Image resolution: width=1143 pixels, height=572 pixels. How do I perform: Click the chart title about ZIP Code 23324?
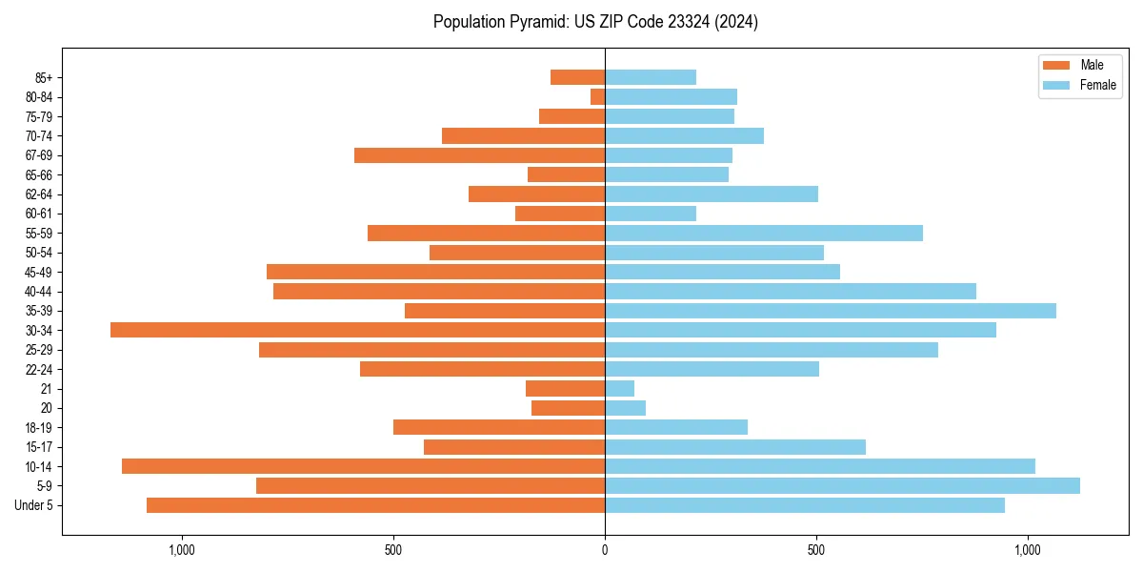(595, 22)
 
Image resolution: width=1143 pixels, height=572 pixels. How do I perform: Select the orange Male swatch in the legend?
(1056, 65)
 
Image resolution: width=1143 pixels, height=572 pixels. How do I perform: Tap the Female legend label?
(1097, 85)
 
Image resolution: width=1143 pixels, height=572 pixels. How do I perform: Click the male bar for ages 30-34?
(357, 330)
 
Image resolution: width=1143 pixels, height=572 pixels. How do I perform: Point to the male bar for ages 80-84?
(597, 96)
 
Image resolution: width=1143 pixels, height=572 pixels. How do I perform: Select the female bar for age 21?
(619, 388)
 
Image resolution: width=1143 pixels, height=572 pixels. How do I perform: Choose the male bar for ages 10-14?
(363, 466)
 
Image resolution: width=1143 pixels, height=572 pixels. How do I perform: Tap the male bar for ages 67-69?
(479, 155)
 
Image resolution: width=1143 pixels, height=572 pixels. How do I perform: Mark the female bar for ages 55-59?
(764, 233)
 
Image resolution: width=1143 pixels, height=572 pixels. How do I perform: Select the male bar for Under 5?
(375, 505)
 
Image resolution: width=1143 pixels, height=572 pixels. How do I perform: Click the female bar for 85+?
(651, 77)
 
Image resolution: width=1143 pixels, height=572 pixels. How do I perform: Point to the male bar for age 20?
(568, 408)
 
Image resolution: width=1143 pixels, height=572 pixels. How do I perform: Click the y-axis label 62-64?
(39, 194)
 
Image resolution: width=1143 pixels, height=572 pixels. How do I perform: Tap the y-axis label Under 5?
(34, 505)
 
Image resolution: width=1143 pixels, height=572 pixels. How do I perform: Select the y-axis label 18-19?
(39, 427)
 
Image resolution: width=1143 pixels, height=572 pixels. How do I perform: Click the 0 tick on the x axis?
(605, 550)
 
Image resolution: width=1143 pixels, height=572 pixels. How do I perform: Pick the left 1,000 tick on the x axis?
(181, 550)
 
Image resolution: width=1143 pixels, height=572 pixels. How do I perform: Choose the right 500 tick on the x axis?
(816, 550)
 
